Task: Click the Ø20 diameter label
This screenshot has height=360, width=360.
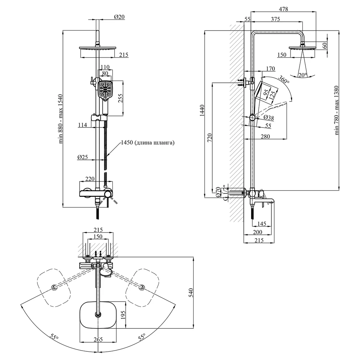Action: pyautogui.click(x=119, y=17)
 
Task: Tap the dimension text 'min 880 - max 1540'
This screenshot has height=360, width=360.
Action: pyautogui.click(x=60, y=119)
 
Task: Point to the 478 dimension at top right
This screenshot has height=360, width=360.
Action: pyautogui.click(x=283, y=9)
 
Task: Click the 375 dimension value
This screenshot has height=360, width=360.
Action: pyautogui.click(x=275, y=19)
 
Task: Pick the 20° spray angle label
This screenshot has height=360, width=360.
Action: pyautogui.click(x=302, y=75)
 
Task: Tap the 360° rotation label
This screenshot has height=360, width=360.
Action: pyautogui.click(x=284, y=79)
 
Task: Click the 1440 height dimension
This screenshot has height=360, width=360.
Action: pyautogui.click(x=202, y=111)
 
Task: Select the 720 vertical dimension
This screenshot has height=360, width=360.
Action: pyautogui.click(x=210, y=138)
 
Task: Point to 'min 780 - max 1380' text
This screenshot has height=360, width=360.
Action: pyautogui.click(x=337, y=110)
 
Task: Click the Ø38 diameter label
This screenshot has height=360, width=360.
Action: pyautogui.click(x=269, y=118)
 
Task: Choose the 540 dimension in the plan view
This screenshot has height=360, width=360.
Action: pyautogui.click(x=191, y=293)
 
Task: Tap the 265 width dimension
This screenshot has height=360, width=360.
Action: pyautogui.click(x=98, y=339)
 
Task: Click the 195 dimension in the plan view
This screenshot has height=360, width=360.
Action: pyautogui.click(x=123, y=315)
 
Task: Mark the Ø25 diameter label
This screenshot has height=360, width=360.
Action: pyautogui.click(x=83, y=157)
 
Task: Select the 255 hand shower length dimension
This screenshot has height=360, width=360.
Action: pyautogui.click(x=121, y=98)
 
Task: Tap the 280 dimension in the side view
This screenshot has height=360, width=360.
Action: pyautogui.click(x=265, y=136)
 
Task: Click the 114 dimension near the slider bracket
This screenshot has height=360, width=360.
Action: pyautogui.click(x=83, y=125)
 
